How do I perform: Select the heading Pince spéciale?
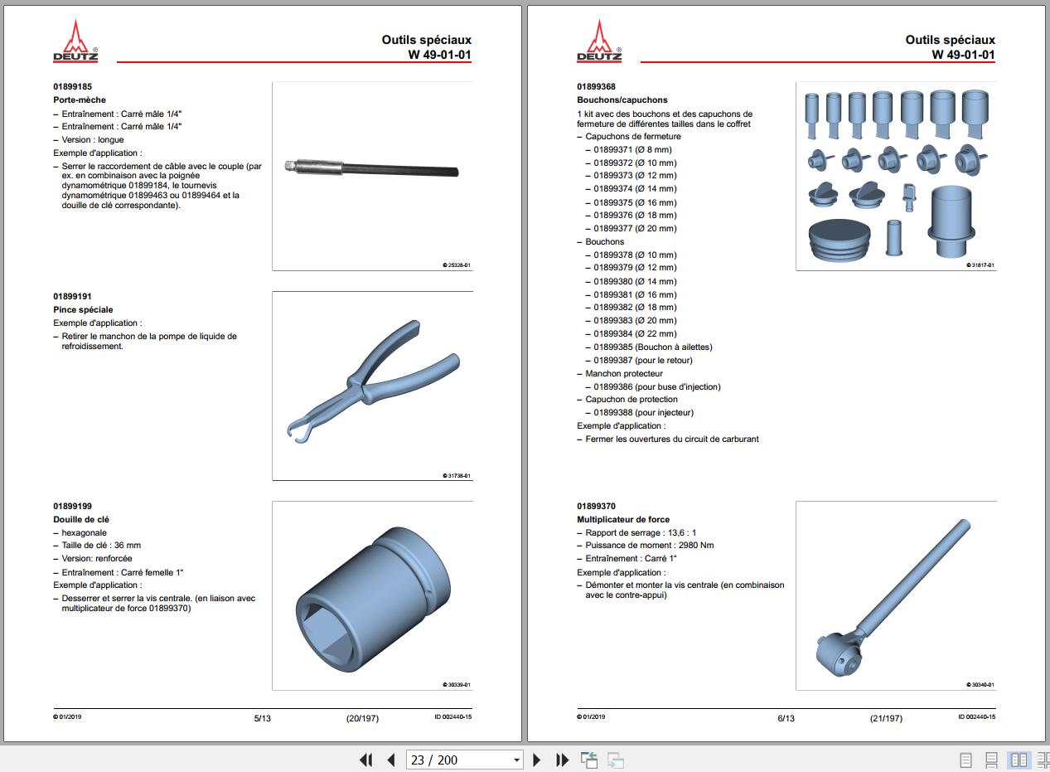[x=83, y=309]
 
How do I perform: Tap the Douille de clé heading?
[x=81, y=519]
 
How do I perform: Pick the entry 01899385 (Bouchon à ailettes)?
[x=652, y=347]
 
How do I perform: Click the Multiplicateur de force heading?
[x=623, y=519]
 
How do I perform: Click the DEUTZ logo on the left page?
[x=75, y=41]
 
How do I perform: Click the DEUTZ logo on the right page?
[x=599, y=41]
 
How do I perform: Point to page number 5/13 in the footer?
[x=262, y=718]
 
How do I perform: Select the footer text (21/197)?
[x=886, y=718]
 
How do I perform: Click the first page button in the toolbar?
[x=365, y=760]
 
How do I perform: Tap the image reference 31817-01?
[x=981, y=265]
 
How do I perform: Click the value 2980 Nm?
[x=695, y=546]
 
